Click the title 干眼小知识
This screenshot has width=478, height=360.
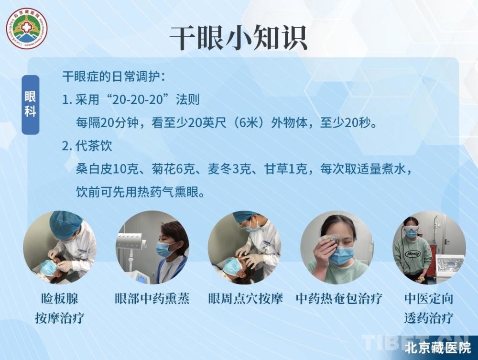[238, 38]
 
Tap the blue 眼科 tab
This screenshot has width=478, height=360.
[31, 105]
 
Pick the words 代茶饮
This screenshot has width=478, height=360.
[94, 146]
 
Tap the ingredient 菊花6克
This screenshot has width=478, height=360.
[173, 169]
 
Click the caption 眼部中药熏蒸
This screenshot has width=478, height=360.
[152, 298]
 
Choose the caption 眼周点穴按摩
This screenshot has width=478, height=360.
[245, 298]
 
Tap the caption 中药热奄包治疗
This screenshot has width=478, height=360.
[339, 298]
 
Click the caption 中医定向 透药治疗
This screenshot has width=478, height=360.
[429, 308]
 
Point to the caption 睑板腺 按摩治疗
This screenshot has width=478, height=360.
[60, 308]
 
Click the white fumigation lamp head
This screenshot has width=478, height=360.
[130, 240]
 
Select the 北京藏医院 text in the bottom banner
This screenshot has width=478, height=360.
[438, 348]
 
